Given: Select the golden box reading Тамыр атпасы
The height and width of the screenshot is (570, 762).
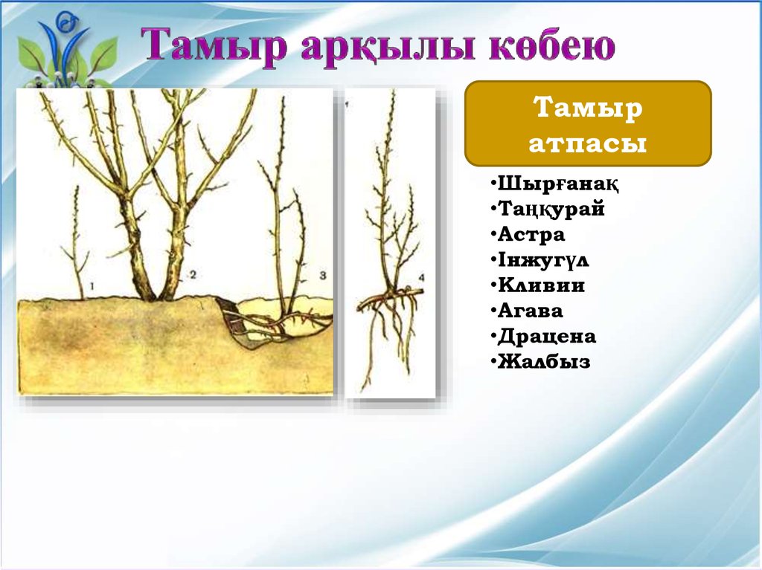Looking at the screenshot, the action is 588,123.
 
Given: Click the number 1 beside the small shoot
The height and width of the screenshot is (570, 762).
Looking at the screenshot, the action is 92,286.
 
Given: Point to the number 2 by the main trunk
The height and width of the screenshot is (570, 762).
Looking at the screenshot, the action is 193,275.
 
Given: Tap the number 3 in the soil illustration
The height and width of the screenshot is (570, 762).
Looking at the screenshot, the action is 323,276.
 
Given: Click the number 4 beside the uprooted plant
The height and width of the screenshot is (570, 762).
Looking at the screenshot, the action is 421,278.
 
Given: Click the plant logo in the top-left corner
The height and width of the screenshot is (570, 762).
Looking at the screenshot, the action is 65,51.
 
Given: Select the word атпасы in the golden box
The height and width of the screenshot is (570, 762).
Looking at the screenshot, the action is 588,143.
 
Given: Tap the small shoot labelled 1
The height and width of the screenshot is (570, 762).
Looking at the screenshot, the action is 76,243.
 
